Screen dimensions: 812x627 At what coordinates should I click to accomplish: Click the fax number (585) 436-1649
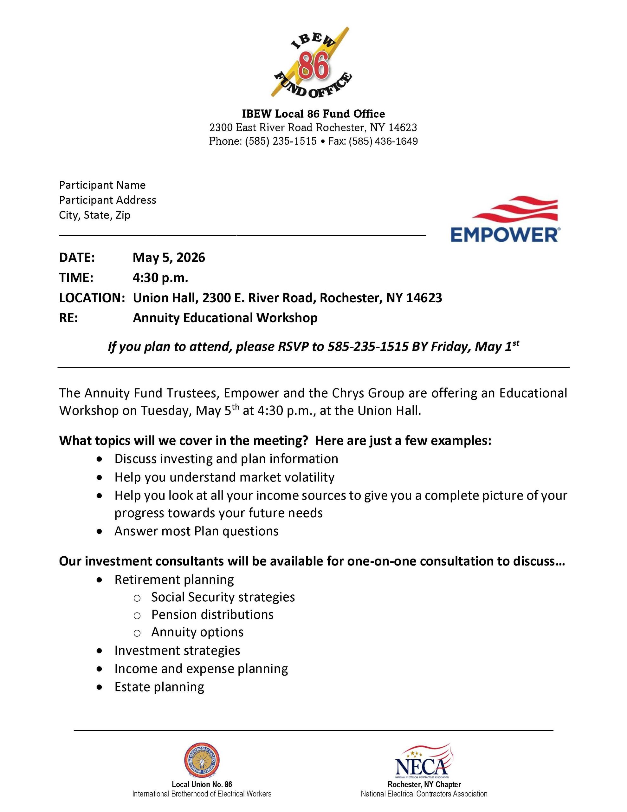coord(383,141)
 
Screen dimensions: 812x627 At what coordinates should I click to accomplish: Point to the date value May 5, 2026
coord(169,257)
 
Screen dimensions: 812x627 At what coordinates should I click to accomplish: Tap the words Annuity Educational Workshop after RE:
coord(225,318)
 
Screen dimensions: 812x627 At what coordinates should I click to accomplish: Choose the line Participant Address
coord(107,200)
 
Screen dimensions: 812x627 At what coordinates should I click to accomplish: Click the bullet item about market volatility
coord(224,477)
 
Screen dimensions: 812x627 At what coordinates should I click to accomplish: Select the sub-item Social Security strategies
coord(223,597)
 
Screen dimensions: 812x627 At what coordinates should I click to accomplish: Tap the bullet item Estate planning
coord(159,687)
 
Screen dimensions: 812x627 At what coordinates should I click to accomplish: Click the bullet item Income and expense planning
coord(201,669)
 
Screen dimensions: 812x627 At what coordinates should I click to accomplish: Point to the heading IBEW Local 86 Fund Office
coord(313,114)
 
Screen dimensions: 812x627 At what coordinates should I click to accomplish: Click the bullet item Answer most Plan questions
coord(196,531)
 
